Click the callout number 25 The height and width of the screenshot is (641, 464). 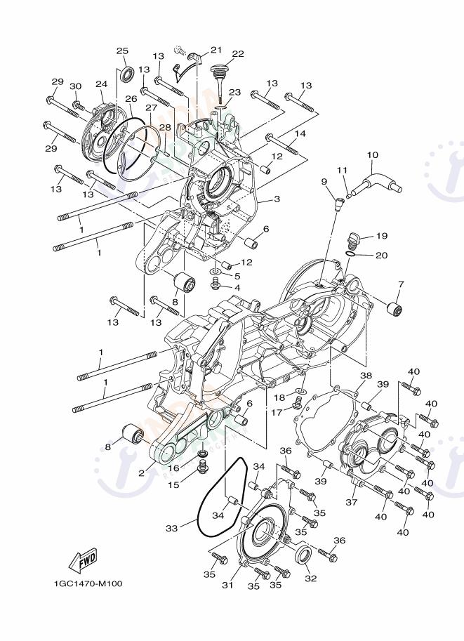click(x=122, y=51)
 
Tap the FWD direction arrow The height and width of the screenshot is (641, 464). click(x=83, y=560)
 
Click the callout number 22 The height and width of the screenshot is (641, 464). click(x=238, y=54)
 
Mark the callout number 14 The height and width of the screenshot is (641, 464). click(x=300, y=133)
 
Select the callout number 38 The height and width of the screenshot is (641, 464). click(x=365, y=376)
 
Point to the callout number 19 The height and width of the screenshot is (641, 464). click(x=381, y=236)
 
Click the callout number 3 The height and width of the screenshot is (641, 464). click(x=277, y=199)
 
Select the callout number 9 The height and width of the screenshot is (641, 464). click(x=324, y=182)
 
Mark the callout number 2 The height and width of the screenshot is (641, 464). click(x=141, y=473)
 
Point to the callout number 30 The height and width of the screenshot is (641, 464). click(x=76, y=86)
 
